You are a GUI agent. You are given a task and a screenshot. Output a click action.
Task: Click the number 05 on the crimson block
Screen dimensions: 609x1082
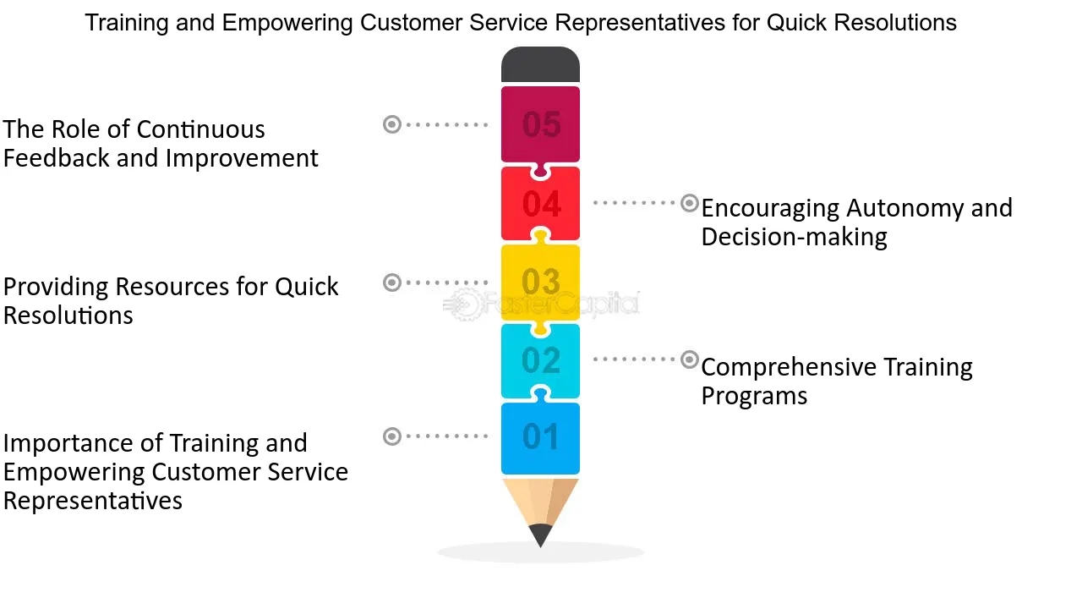tap(541, 125)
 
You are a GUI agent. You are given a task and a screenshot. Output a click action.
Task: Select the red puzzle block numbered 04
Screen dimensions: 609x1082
tap(541, 204)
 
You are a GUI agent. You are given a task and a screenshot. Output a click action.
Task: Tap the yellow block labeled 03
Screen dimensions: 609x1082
tap(541, 282)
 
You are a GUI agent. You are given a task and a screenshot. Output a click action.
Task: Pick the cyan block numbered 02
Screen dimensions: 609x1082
tap(541, 360)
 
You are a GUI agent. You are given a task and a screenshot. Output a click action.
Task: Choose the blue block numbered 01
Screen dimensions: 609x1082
tap(541, 437)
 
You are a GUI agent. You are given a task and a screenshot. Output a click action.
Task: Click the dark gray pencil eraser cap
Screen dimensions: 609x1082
tap(540, 65)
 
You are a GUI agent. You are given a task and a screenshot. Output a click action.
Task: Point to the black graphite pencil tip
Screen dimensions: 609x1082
tap(540, 535)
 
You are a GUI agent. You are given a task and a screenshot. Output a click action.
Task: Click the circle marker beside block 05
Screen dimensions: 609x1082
tap(392, 124)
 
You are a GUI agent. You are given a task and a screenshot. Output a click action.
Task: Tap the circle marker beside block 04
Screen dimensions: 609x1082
tap(690, 203)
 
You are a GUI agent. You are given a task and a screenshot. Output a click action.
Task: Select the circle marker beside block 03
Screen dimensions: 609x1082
tap(392, 282)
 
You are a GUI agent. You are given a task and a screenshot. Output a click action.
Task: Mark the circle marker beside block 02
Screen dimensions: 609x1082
tap(690, 359)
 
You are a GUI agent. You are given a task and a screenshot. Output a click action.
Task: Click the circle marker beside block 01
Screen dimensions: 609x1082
tap(392, 436)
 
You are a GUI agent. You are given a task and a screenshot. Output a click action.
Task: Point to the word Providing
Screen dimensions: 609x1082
tap(56, 287)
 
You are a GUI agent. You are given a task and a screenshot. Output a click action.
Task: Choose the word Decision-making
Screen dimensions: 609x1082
tap(794, 237)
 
